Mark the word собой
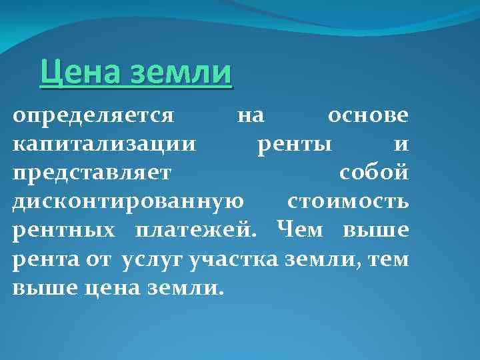pos(374,173)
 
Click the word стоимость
pos(348,201)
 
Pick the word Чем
pos(299,229)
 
